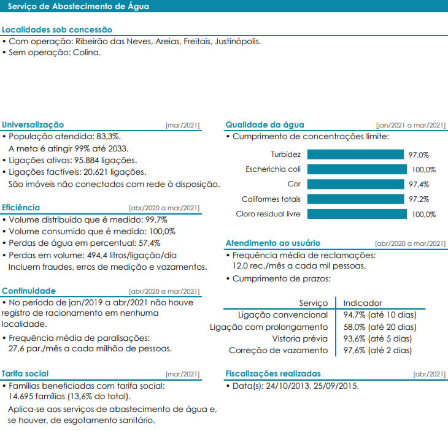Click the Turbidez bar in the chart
[355, 154]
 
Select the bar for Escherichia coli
[357, 169]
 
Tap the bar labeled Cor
[356, 184]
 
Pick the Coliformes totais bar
[355, 199]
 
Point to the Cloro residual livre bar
[357, 214]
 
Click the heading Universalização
[33, 124]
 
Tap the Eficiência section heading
[21, 207]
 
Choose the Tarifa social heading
[25, 373]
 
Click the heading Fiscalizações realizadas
[272, 373]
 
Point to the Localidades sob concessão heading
[57, 29]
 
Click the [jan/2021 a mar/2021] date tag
[411, 125]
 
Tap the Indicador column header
[362, 303]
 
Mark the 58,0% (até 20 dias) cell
[379, 327]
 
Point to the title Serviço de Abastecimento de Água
[78, 7]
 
